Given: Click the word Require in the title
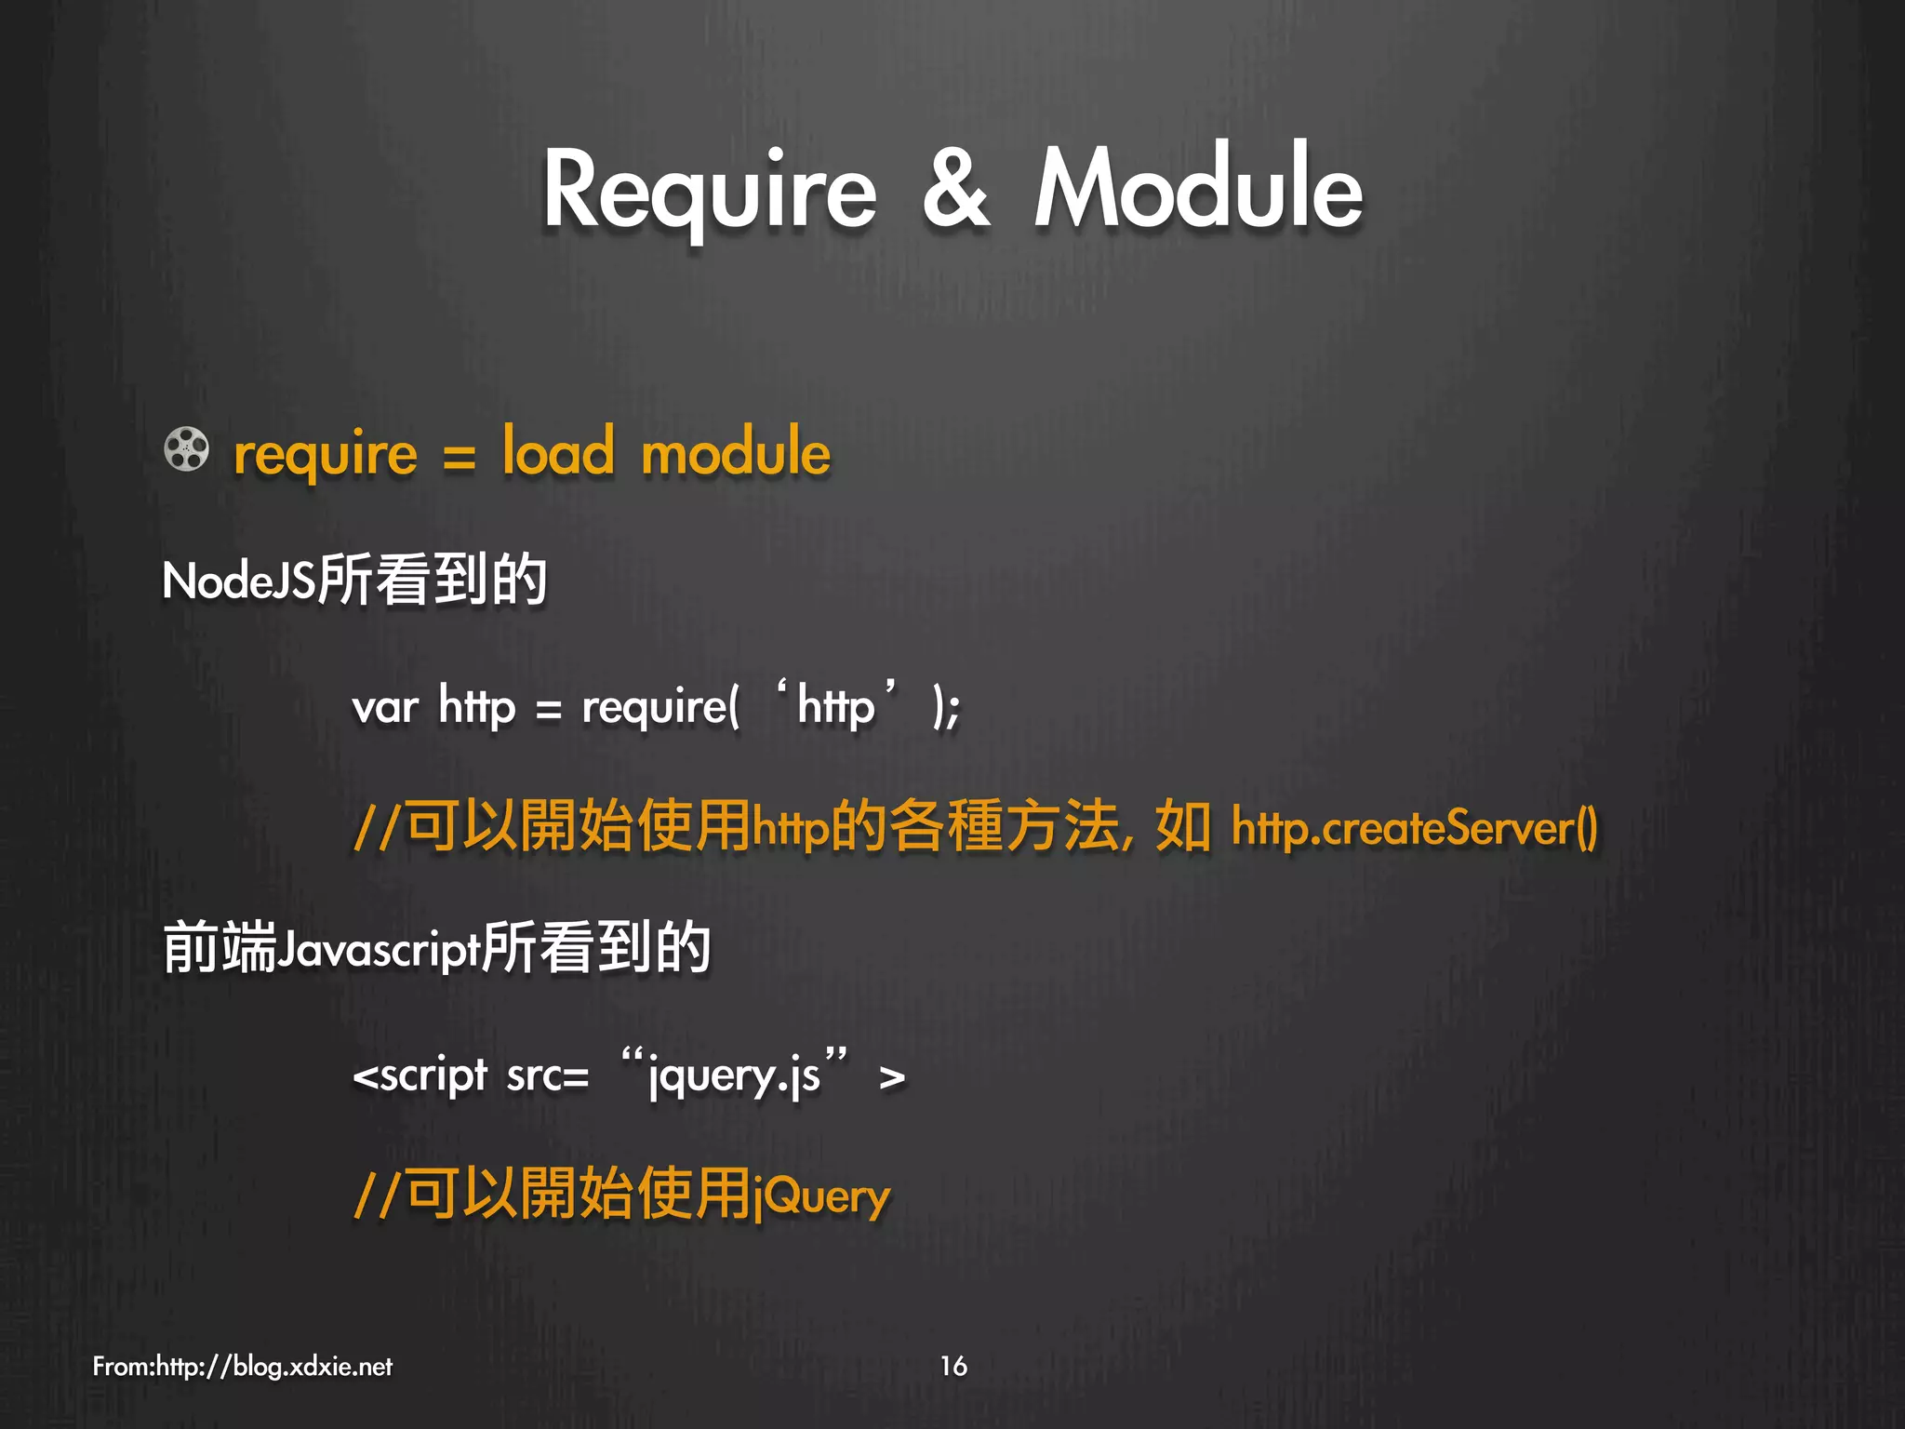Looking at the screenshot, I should tap(709, 191).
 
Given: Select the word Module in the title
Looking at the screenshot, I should tap(1198, 188).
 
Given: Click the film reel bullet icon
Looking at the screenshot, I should tap(187, 449).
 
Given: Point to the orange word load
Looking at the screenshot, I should tap(558, 452).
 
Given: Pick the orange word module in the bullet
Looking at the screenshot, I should tap(736, 452).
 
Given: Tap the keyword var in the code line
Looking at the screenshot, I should tap(385, 707).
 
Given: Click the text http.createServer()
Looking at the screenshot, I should tap(1414, 827).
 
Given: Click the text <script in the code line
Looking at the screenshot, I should tap(420, 1076).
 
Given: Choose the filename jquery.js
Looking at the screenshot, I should tap(735, 1076).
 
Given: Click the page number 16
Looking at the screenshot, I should tap(953, 1366).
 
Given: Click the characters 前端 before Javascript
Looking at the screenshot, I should tap(220, 948).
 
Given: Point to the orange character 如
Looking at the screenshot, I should tap(1181, 826).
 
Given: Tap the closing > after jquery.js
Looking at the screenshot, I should tap(891, 1078).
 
